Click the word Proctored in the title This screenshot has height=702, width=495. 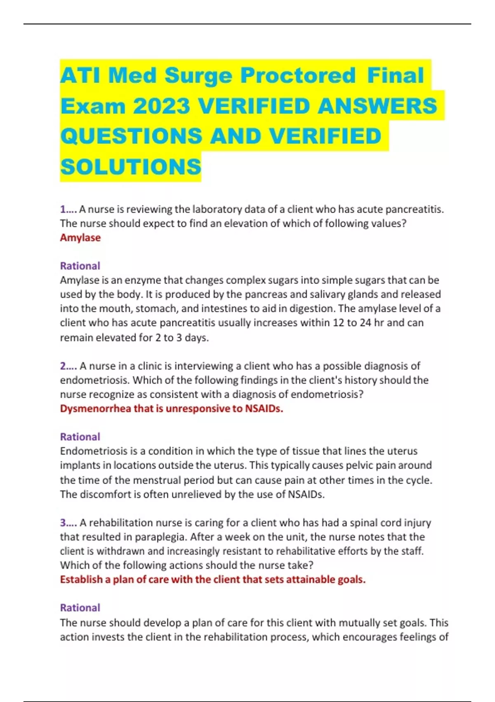point(297,76)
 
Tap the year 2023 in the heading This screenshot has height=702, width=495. point(161,106)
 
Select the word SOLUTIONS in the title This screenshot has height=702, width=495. point(130,167)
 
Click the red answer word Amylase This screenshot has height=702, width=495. point(80,237)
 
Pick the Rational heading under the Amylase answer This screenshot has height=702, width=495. point(80,266)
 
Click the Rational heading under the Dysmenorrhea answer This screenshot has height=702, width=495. point(80,436)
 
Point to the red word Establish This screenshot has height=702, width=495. point(81,579)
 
